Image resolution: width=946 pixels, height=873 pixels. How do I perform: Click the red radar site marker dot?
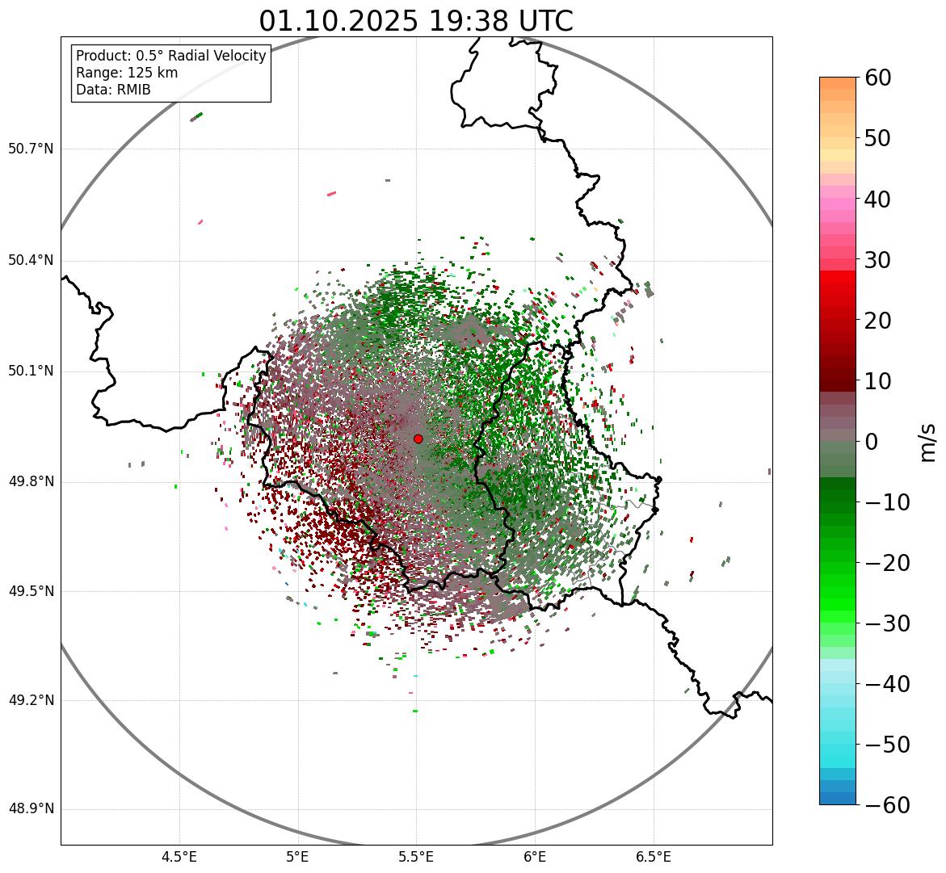click(x=418, y=439)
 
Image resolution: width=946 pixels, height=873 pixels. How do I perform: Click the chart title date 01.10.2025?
click(x=338, y=21)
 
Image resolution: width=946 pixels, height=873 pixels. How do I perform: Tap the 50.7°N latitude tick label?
click(x=31, y=149)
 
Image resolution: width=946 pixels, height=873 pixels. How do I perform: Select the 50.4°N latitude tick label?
click(x=31, y=261)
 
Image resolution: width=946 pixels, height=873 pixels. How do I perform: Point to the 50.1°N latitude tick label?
click(x=31, y=371)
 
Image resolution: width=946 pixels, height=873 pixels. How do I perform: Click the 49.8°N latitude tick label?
click(x=31, y=482)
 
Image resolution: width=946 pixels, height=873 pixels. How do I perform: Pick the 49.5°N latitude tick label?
click(x=31, y=591)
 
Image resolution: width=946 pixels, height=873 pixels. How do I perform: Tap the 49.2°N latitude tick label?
click(x=31, y=700)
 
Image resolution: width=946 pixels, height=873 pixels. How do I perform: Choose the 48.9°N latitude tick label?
click(x=31, y=809)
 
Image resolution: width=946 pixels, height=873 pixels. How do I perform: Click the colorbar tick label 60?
click(x=878, y=78)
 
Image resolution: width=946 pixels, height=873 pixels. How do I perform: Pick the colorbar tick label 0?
click(x=872, y=442)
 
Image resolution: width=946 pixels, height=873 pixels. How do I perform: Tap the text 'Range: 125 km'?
click(x=127, y=73)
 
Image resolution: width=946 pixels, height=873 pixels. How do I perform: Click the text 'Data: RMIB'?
click(x=113, y=90)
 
